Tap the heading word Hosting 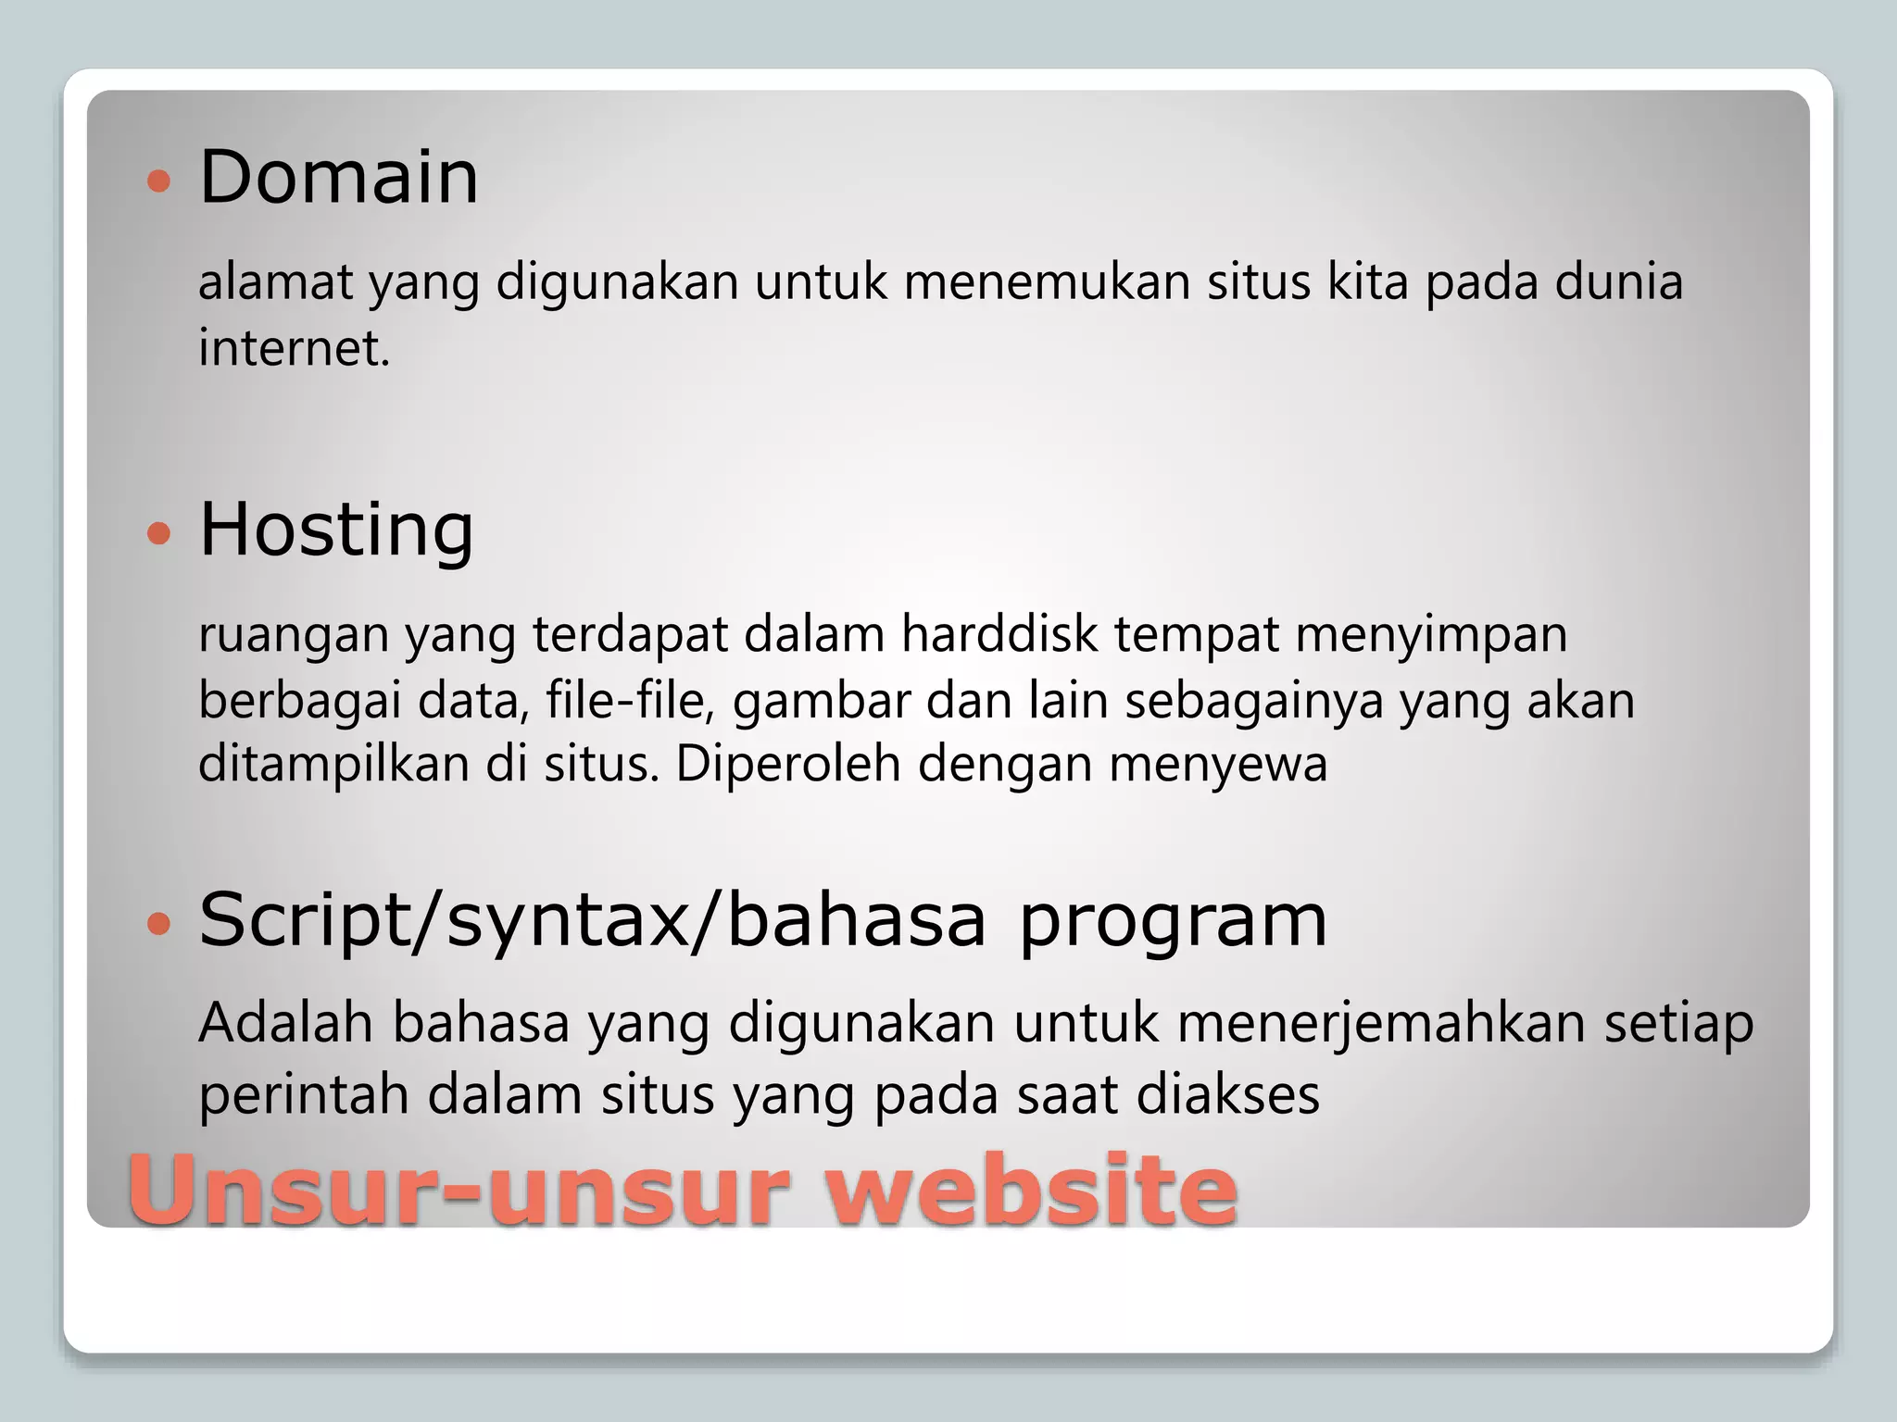(x=336, y=530)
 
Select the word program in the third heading (x=1173, y=922)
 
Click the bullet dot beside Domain (x=159, y=180)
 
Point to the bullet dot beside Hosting (x=159, y=533)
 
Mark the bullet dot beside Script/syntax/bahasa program (x=159, y=924)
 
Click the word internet (x=294, y=348)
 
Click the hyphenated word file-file (x=630, y=701)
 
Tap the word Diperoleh (x=788, y=765)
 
